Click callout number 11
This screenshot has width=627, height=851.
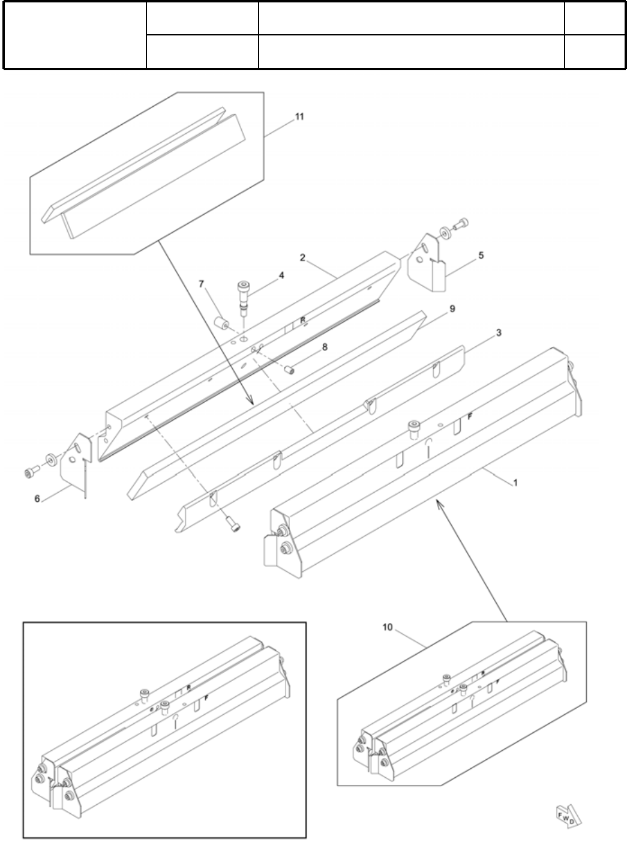[x=299, y=116]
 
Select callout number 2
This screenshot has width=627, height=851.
[x=303, y=257]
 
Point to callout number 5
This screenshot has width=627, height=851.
[x=481, y=255]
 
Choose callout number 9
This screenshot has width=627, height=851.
[x=452, y=308]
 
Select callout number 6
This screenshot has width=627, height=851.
[x=37, y=498]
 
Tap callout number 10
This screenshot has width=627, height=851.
[x=387, y=627]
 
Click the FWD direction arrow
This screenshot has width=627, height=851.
[x=566, y=816]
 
